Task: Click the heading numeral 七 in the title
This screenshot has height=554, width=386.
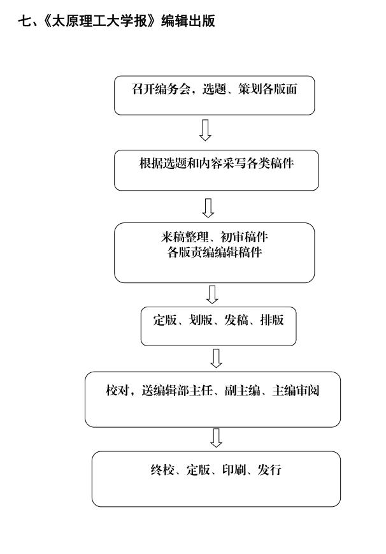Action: [x=24, y=21]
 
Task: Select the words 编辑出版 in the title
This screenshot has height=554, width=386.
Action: [x=189, y=21]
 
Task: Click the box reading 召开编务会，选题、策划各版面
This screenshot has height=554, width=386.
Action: [x=215, y=96]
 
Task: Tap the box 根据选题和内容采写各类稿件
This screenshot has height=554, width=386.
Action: [x=217, y=170]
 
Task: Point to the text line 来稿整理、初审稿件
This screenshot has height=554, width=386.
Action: [x=215, y=237]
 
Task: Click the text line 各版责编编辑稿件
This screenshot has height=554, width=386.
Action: [x=215, y=252]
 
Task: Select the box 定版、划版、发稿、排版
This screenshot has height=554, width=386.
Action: [x=218, y=326]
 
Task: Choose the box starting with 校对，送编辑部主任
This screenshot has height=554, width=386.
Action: [x=213, y=399]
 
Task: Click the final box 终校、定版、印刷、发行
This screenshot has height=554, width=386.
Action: [x=216, y=479]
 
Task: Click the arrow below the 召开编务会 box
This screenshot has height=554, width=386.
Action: [x=205, y=131]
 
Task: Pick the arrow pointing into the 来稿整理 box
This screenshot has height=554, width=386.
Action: [x=208, y=208]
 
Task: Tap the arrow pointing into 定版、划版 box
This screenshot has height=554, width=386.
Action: [x=212, y=295]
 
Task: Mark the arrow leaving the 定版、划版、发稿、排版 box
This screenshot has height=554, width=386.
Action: [x=216, y=358]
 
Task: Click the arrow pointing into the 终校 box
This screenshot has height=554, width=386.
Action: [x=216, y=438]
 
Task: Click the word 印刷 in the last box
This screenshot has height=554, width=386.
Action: [x=234, y=470]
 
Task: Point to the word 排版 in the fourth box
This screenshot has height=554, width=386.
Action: [x=272, y=320]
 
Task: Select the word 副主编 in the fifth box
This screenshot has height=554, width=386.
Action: [x=243, y=390]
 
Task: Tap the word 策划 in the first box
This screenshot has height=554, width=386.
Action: [x=250, y=89]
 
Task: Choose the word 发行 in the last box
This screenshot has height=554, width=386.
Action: [x=269, y=470]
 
